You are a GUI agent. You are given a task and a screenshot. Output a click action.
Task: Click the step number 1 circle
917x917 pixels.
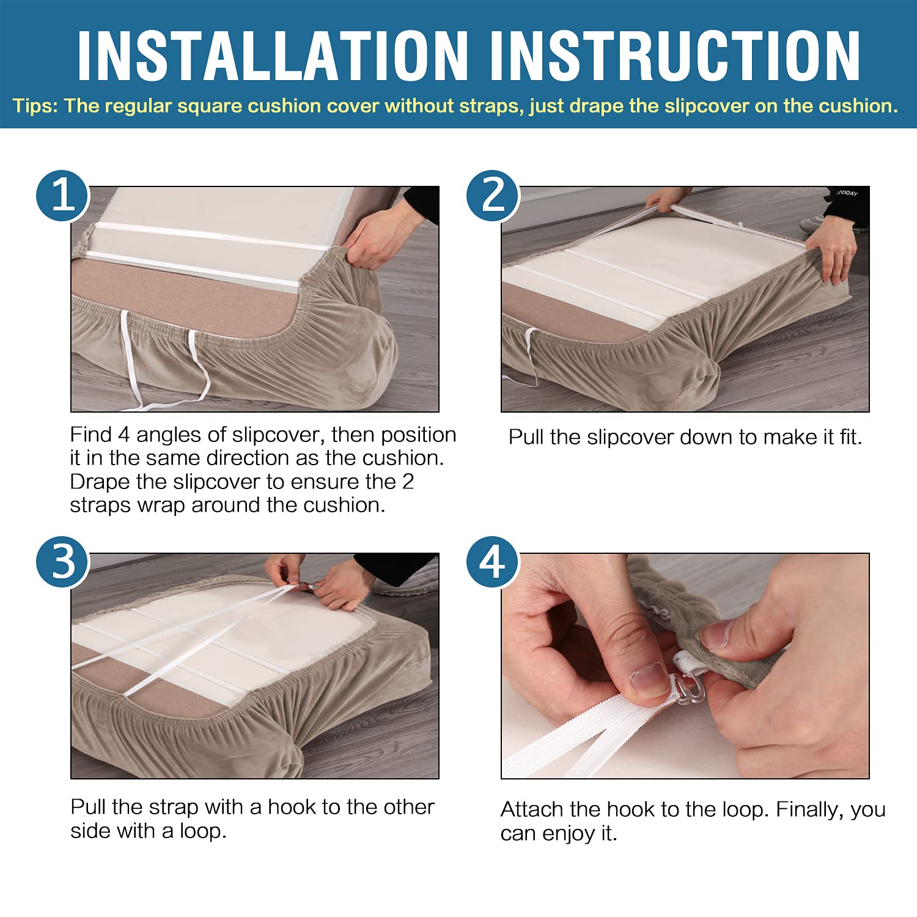[x=63, y=196]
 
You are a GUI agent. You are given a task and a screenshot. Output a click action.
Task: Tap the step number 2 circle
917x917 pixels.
[x=493, y=196]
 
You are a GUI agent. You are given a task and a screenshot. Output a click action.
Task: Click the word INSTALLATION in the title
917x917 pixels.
[x=273, y=56]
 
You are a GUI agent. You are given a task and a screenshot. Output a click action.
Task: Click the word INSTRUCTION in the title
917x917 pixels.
[x=675, y=56]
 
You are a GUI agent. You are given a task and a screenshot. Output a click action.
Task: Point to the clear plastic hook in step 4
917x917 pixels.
[x=690, y=687]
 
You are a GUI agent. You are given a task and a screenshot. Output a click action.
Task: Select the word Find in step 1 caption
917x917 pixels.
[x=91, y=435]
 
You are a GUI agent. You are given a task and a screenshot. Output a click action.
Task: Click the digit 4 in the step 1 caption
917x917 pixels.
[x=124, y=435]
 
